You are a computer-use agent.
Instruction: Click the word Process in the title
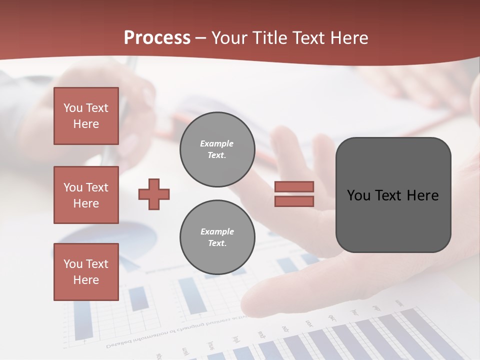157,38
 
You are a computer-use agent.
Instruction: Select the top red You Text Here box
86,116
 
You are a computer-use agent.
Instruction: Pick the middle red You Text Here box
86,195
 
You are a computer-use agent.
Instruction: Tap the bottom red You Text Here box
86,272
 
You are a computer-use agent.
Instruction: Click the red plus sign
154,194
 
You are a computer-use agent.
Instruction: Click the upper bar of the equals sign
294,187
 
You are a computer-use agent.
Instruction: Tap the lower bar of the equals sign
294,201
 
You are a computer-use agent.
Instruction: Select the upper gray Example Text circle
217,149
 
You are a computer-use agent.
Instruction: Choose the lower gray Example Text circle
217,237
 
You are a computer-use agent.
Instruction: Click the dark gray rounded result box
393,195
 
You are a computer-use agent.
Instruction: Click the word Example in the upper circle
216,143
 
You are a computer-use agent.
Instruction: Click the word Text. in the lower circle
217,243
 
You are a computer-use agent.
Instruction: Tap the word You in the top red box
72,108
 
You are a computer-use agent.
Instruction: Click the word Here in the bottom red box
86,280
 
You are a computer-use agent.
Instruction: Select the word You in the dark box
358,195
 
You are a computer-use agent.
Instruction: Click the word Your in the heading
230,38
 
